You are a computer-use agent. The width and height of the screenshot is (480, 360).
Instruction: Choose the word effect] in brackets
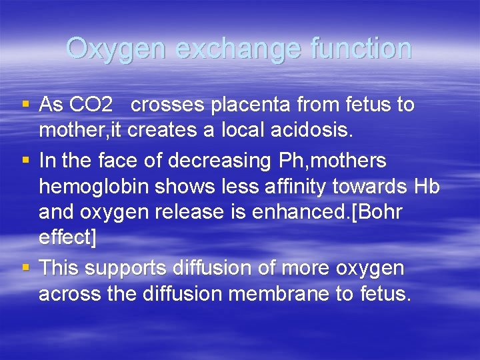[x=67, y=238]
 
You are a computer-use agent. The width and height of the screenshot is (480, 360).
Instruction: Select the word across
[x=68, y=294]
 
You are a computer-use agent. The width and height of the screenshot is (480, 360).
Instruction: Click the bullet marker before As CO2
[x=25, y=105]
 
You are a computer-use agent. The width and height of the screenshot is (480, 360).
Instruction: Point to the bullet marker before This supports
[x=25, y=269]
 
